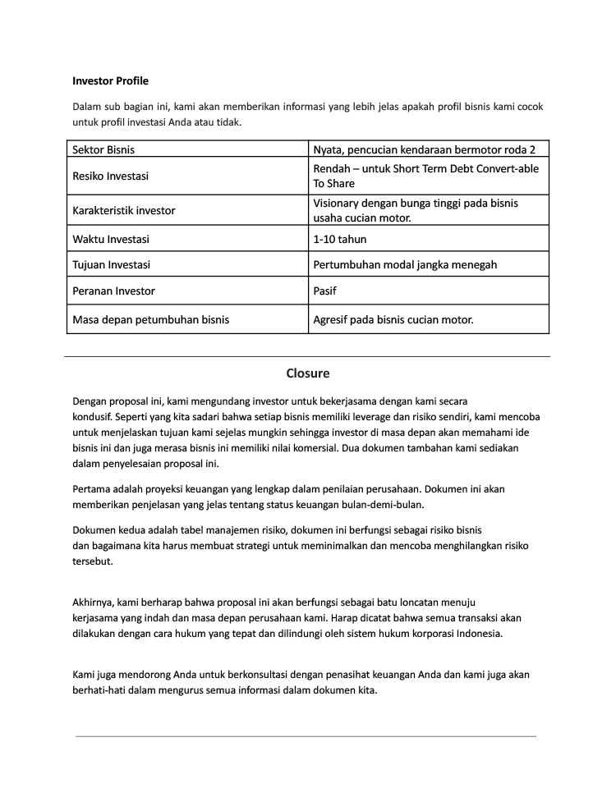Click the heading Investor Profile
110,80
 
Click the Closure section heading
308,373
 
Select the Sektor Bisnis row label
103,149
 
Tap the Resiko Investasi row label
111,176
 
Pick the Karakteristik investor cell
124,210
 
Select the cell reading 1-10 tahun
340,240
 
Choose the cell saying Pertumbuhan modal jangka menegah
405,265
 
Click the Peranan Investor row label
113,291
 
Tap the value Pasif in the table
325,291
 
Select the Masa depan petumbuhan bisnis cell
151,319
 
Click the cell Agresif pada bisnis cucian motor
393,319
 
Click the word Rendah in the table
333,168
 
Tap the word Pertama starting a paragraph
93,489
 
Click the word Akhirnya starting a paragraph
95,602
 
